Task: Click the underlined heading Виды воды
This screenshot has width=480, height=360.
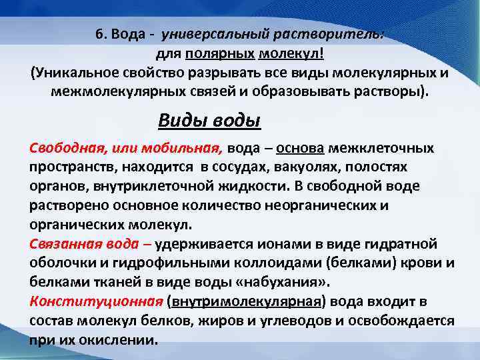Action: (x=209, y=121)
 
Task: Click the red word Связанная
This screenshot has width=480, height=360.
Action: (x=63, y=241)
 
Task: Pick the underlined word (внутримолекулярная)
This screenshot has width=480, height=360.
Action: (x=247, y=302)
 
